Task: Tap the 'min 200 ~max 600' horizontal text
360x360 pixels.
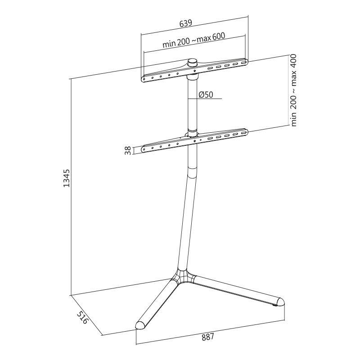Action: (194, 41)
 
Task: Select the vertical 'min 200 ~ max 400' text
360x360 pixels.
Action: (293, 90)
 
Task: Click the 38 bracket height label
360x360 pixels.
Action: (128, 150)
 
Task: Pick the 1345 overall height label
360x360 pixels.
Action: (66, 178)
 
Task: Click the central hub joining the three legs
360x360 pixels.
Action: (183, 276)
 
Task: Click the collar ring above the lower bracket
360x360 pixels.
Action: (193, 132)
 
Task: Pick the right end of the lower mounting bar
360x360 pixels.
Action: (245, 132)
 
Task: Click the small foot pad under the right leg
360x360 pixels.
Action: (275, 307)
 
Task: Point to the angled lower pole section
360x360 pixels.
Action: (187, 220)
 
